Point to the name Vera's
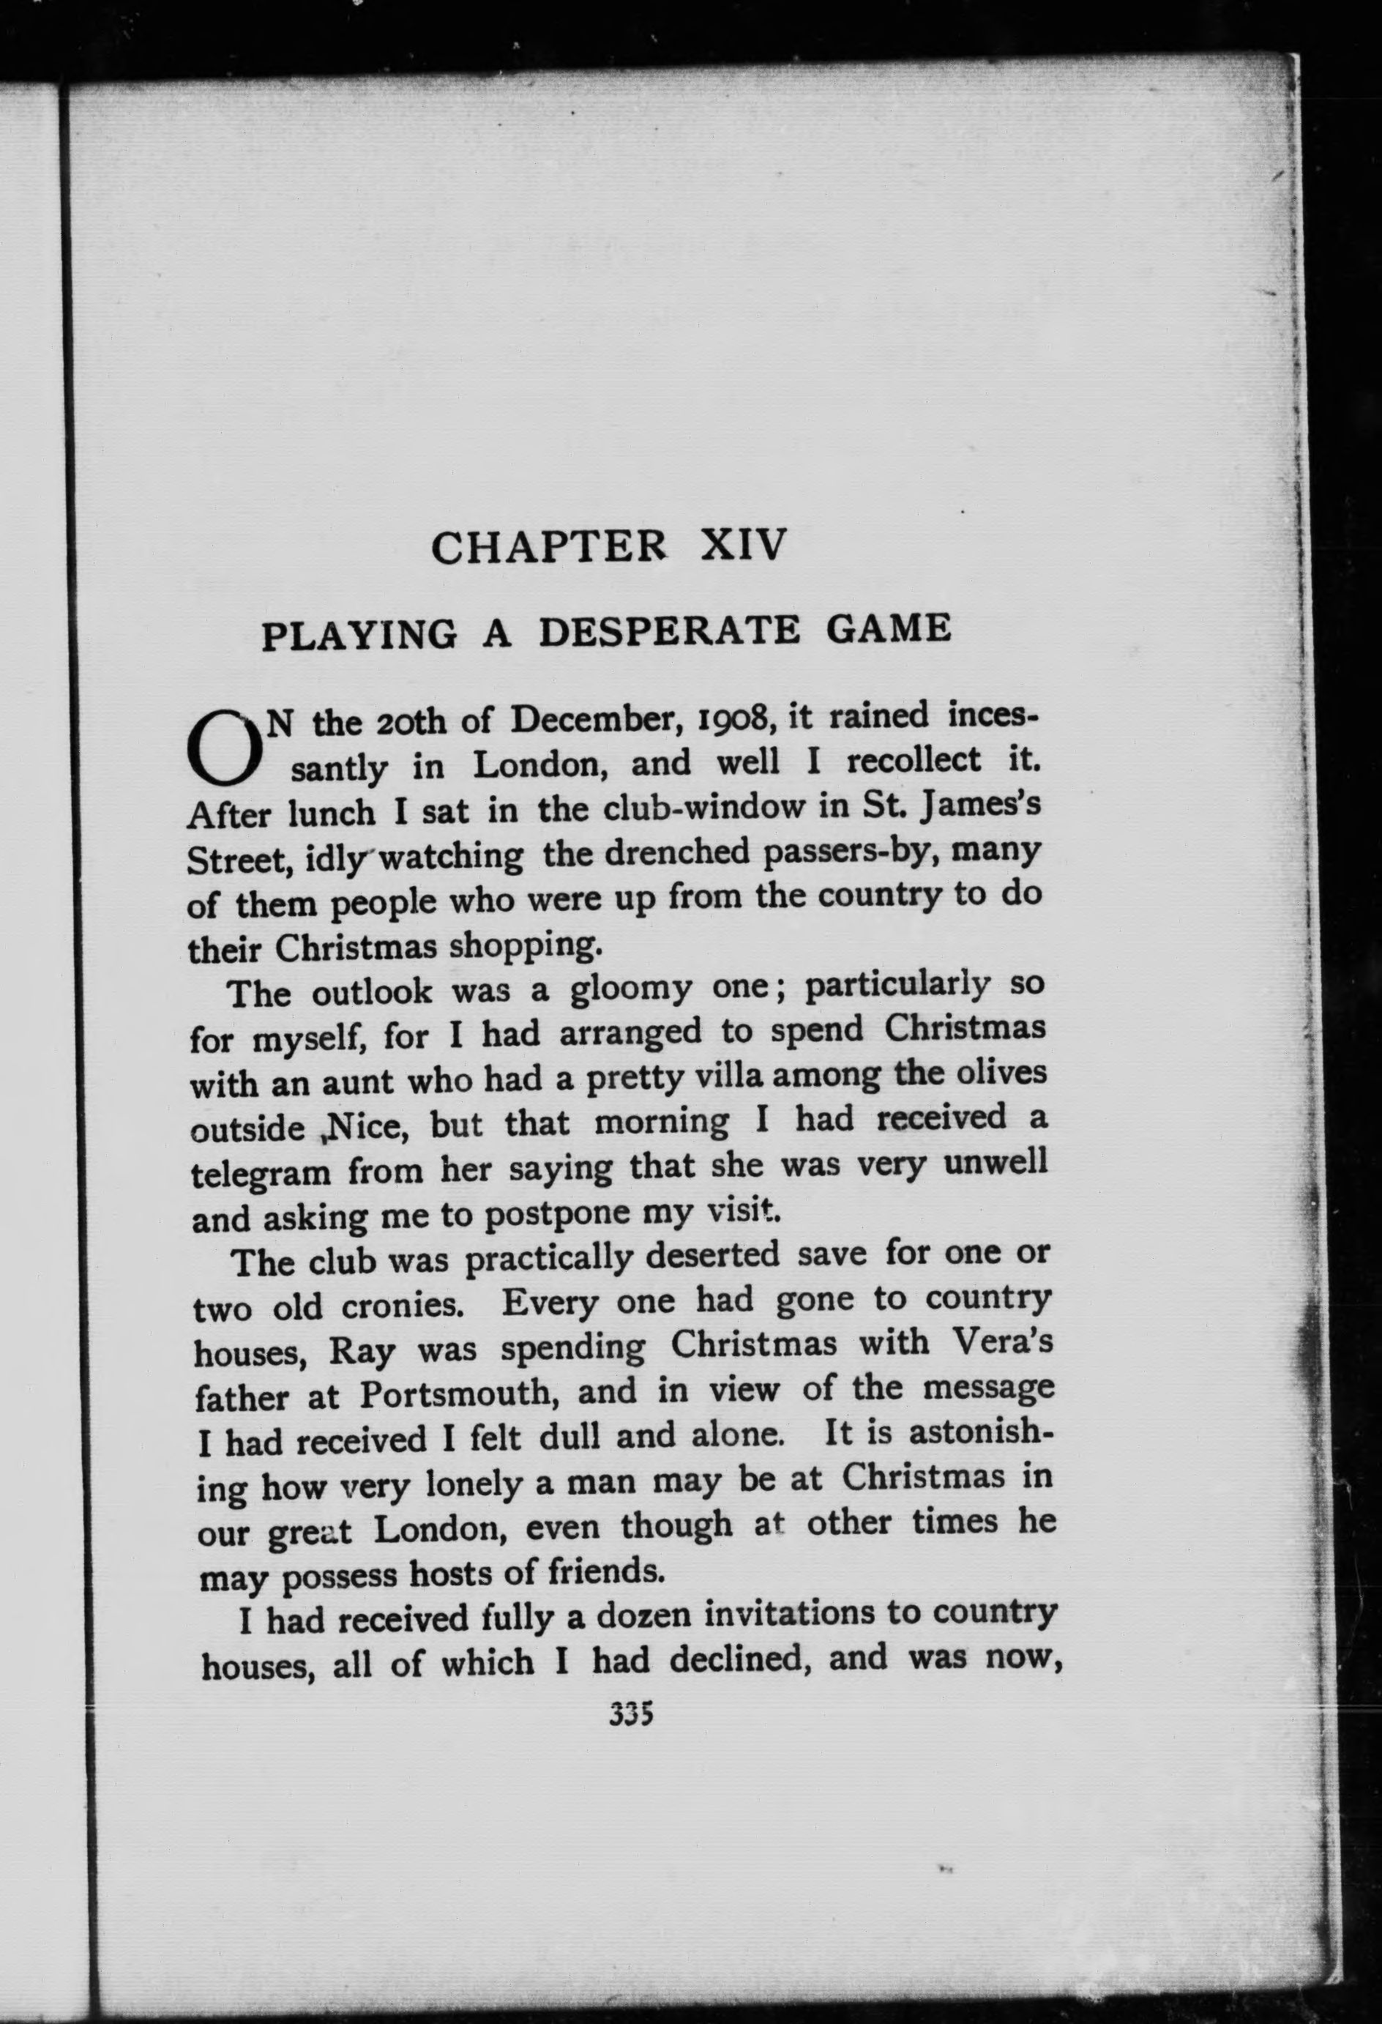[1005, 1342]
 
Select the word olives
[995, 1071]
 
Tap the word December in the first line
[595, 721]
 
